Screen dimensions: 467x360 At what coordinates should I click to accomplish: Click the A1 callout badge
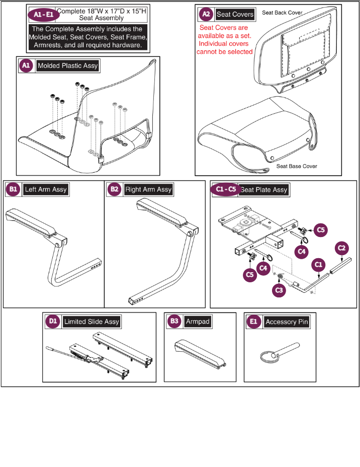(26, 65)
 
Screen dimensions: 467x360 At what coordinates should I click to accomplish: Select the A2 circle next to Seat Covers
(205, 14)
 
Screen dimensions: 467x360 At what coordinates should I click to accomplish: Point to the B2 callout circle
(114, 190)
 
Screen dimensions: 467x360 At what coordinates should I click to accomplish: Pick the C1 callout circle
(318, 263)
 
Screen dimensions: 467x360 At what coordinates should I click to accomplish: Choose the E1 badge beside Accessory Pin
(253, 322)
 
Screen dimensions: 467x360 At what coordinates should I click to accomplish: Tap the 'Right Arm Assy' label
(148, 190)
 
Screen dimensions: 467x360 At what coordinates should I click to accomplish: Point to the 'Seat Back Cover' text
(282, 12)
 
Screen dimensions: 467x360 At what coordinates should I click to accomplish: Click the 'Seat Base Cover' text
(297, 166)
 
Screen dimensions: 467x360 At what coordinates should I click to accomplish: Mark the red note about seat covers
(226, 39)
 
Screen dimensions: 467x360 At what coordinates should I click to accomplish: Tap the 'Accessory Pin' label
(287, 322)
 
